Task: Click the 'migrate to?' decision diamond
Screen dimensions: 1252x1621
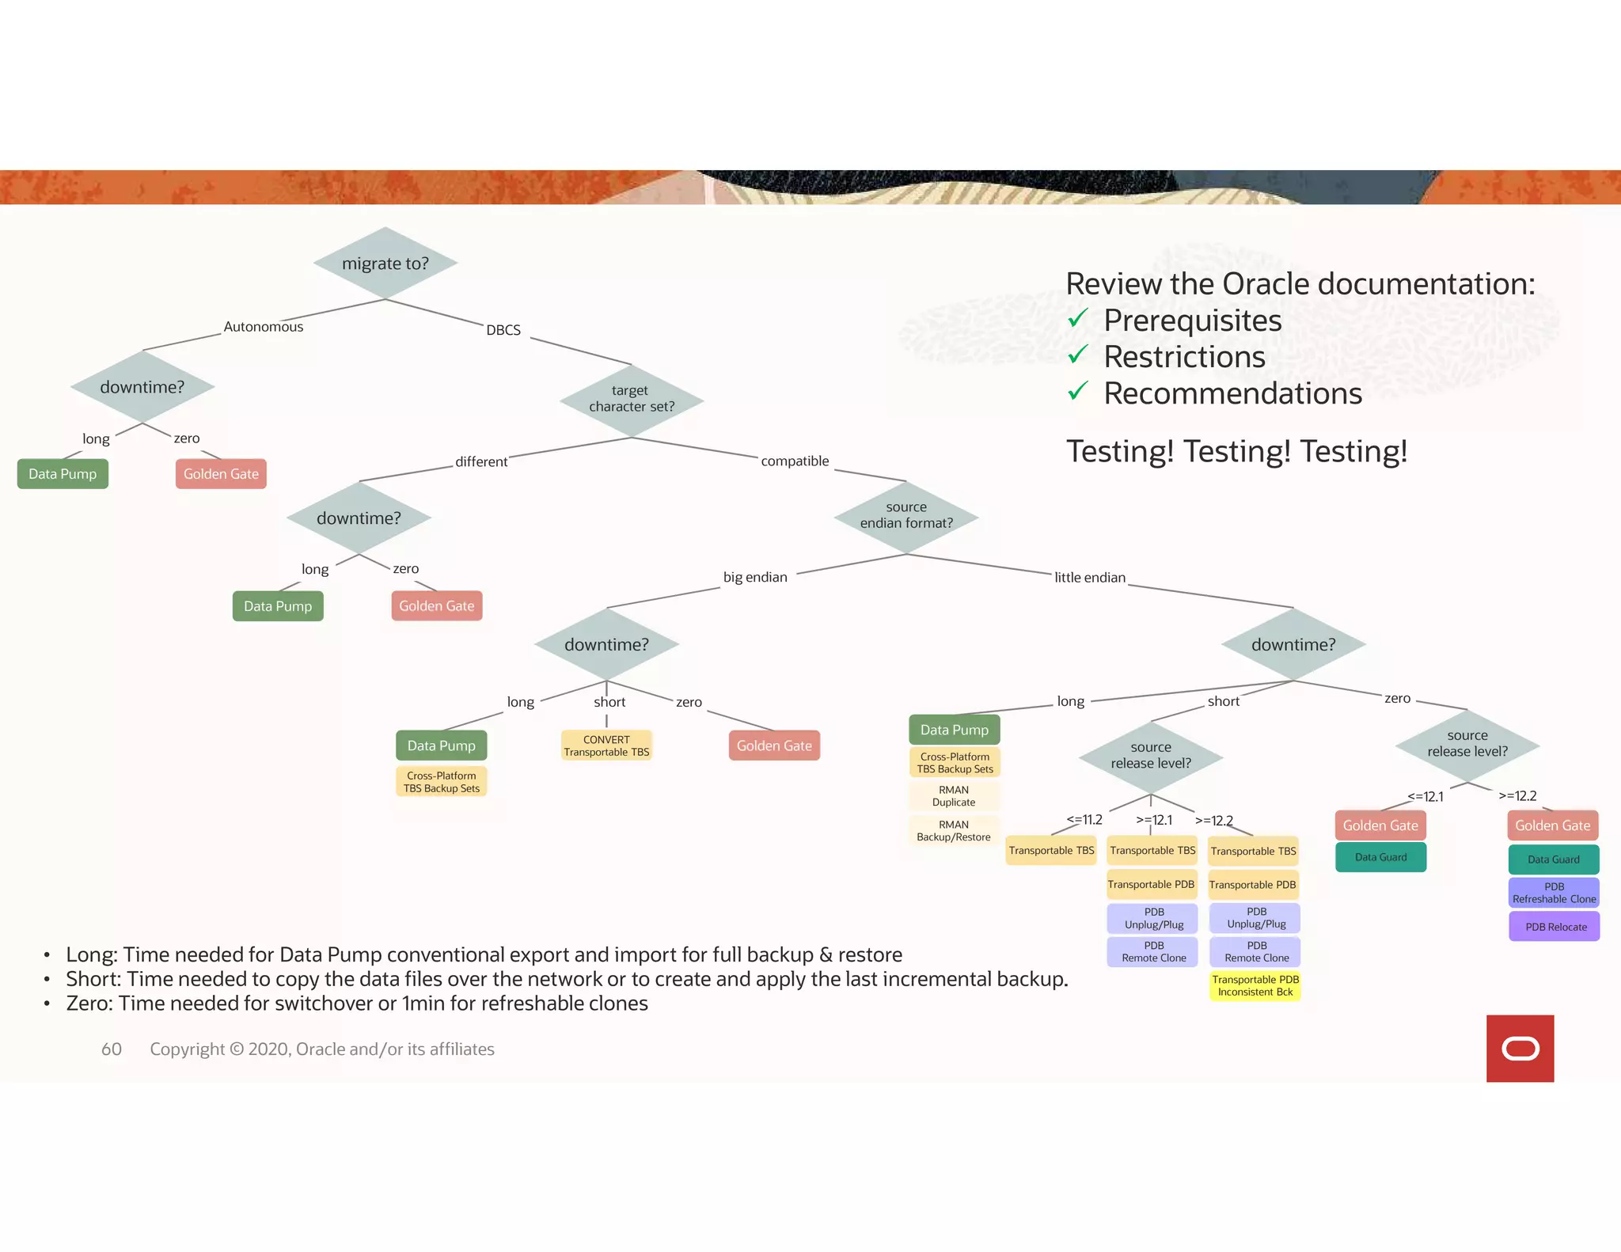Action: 385,264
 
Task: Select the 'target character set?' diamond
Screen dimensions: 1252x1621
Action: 631,399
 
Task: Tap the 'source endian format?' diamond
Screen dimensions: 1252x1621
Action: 906,515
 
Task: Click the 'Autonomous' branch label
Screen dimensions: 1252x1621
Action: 263,327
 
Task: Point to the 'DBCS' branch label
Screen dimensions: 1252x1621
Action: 503,330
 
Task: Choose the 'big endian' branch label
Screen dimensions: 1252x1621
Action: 755,578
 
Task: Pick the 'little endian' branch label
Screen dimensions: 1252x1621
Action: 1089,578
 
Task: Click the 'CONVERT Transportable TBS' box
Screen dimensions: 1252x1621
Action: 606,746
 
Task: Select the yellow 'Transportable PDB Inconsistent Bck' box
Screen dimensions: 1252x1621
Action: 1255,986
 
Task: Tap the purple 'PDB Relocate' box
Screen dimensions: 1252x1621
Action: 1555,927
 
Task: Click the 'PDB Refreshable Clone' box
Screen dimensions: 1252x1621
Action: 1554,893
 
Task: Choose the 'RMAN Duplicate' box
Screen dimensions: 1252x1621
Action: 954,796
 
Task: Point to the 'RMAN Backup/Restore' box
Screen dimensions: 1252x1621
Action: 954,831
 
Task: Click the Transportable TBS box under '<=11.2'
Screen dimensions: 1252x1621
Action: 1051,851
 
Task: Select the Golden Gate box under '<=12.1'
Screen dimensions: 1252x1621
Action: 1380,825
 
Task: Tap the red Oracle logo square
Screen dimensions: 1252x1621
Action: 1520,1049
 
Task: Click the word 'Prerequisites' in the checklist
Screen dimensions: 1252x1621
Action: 1192,321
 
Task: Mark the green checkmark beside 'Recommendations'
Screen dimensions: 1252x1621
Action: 1078,392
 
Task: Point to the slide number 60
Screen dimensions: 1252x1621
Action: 112,1049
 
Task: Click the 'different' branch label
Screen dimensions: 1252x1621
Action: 481,462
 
